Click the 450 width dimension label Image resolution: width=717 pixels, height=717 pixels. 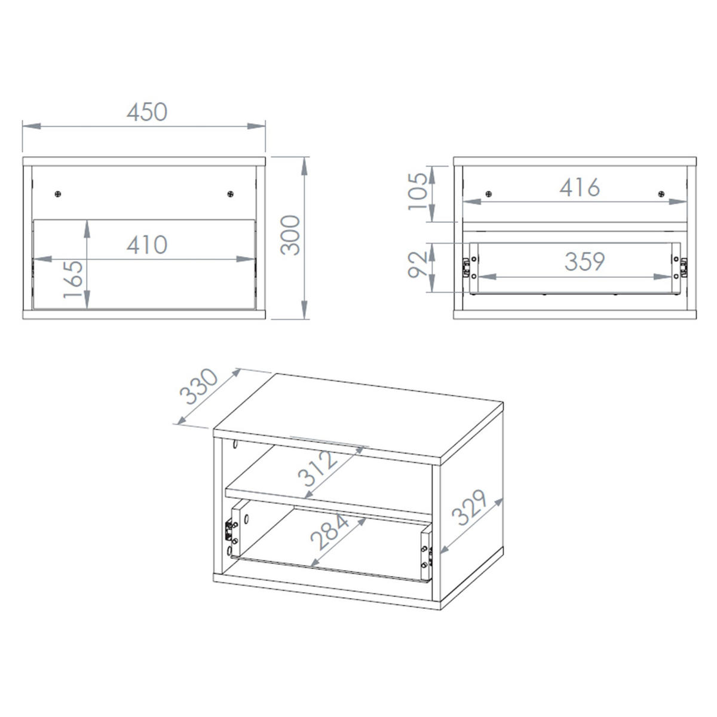tap(147, 112)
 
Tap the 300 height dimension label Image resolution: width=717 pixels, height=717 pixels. tap(290, 235)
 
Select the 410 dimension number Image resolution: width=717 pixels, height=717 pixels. tap(147, 245)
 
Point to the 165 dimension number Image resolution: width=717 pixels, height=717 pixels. tap(72, 279)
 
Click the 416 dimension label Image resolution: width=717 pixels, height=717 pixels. tap(580, 187)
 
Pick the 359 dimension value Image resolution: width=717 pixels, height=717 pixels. tap(584, 262)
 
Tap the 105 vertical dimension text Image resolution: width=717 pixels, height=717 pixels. tap(418, 192)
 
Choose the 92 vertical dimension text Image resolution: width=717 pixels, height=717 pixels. tap(418, 265)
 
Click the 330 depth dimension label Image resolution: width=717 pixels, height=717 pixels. tap(198, 386)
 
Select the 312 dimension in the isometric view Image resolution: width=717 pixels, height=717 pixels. tap(318, 468)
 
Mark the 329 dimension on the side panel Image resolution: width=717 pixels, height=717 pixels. tap(469, 507)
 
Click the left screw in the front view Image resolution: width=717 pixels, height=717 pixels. tap(58, 194)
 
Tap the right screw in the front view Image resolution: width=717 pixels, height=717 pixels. tap(231, 194)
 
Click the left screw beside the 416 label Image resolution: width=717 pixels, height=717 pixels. tap(489, 194)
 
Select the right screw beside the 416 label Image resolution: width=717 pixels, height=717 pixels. tap(661, 194)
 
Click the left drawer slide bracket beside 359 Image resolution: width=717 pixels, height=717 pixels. tap(465, 268)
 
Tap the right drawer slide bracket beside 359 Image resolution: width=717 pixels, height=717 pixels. tap(684, 268)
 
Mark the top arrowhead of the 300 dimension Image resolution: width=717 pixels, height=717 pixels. tap(304, 166)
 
